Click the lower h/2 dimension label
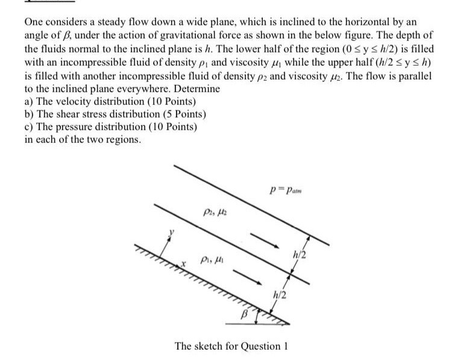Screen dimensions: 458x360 [x=279, y=294]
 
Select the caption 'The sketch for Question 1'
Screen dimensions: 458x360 [x=227, y=346]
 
